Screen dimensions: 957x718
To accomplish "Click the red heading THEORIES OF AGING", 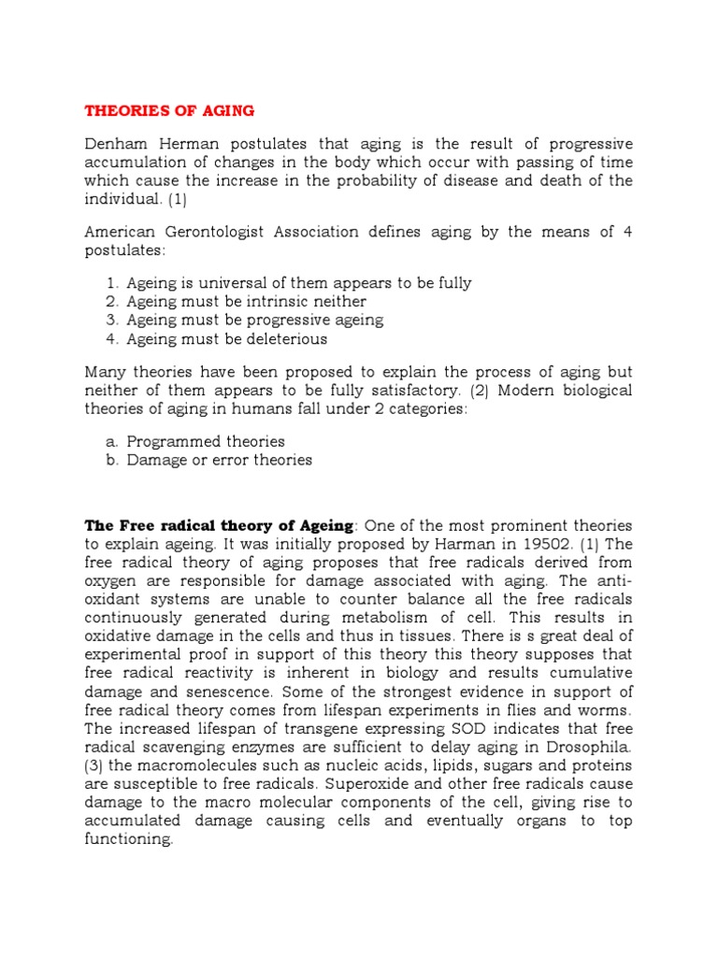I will pos(169,110).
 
